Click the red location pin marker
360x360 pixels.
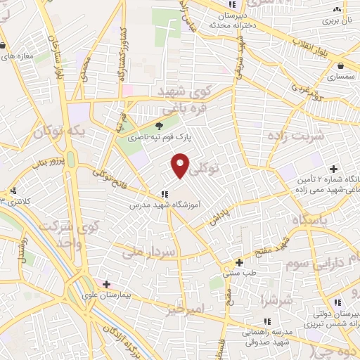(x=181, y=165)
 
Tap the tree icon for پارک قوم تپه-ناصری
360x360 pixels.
(x=160, y=126)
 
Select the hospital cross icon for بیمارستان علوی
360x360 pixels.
(x=106, y=284)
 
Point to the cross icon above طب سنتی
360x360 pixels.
(x=239, y=261)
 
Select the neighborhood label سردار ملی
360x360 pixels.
(x=149, y=251)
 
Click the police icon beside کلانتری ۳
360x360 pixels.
(x=13, y=191)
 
